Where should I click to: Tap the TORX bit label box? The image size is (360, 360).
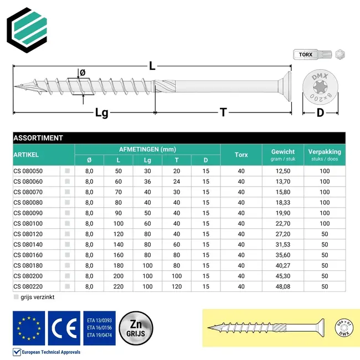click(305, 55)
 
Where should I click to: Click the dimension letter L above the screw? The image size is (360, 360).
click(152, 65)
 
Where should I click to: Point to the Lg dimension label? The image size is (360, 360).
click(101, 113)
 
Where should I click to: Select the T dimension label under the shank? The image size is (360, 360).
click(223, 113)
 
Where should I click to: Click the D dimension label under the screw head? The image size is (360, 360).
click(320, 114)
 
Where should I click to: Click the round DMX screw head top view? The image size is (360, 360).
click(320, 86)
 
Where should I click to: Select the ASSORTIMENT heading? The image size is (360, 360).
click(38, 138)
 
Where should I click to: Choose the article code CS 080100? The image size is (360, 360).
click(28, 223)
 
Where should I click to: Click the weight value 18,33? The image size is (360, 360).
click(283, 203)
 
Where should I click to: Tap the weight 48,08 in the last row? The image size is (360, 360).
click(283, 286)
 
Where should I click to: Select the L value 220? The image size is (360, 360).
click(118, 286)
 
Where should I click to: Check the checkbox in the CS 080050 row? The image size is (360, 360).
click(68, 171)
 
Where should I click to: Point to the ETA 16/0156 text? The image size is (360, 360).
click(100, 327)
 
